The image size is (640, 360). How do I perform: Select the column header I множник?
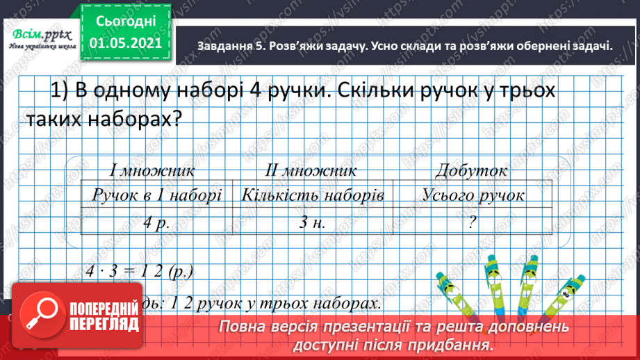click(x=151, y=170)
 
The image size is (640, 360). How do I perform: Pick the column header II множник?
click(x=311, y=170)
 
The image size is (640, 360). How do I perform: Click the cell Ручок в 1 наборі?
click(x=156, y=195)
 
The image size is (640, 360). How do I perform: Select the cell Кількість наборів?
click(x=312, y=195)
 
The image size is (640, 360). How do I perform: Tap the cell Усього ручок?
click(x=473, y=195)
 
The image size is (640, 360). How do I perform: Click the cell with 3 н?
click(x=312, y=222)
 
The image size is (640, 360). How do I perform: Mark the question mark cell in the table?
click(x=473, y=222)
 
